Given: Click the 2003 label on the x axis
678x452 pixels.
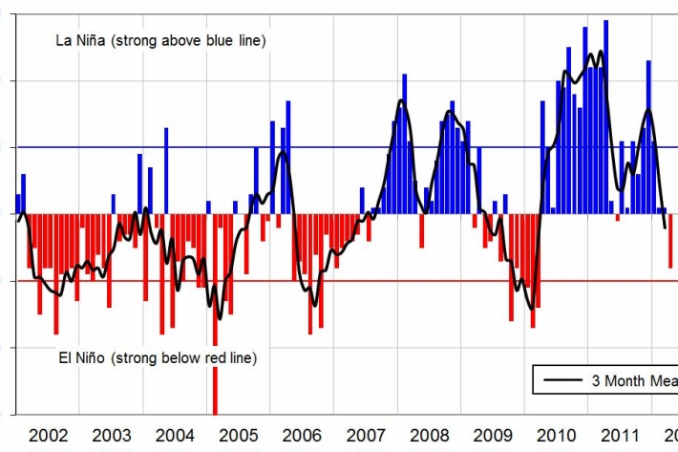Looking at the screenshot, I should [112, 436].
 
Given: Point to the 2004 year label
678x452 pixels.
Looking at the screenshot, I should [175, 436].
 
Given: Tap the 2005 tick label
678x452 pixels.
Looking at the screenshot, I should [238, 436].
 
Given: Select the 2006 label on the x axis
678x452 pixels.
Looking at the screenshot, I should [301, 436].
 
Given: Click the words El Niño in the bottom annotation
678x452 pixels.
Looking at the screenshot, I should [79, 357].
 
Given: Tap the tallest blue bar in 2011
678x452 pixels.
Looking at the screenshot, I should [606, 115].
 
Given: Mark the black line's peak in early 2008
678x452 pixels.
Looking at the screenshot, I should [402, 100].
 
